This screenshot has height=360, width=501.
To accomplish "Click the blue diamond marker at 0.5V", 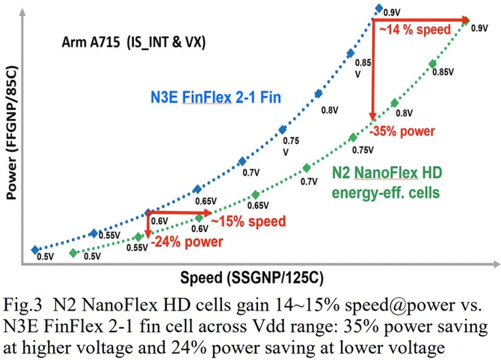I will click(x=34, y=250).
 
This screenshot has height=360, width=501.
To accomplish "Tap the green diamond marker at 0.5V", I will click(x=73, y=253).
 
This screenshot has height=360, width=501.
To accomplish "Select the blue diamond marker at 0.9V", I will click(x=379, y=9).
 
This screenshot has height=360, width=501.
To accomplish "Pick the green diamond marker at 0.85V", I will click(x=432, y=64).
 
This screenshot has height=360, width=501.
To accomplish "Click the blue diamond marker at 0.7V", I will click(x=242, y=161).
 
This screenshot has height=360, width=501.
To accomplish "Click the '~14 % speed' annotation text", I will click(x=415, y=30).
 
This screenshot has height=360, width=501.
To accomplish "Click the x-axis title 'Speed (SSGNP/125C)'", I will click(x=251, y=278).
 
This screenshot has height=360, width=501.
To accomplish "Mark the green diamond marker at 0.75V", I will click(x=353, y=136).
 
